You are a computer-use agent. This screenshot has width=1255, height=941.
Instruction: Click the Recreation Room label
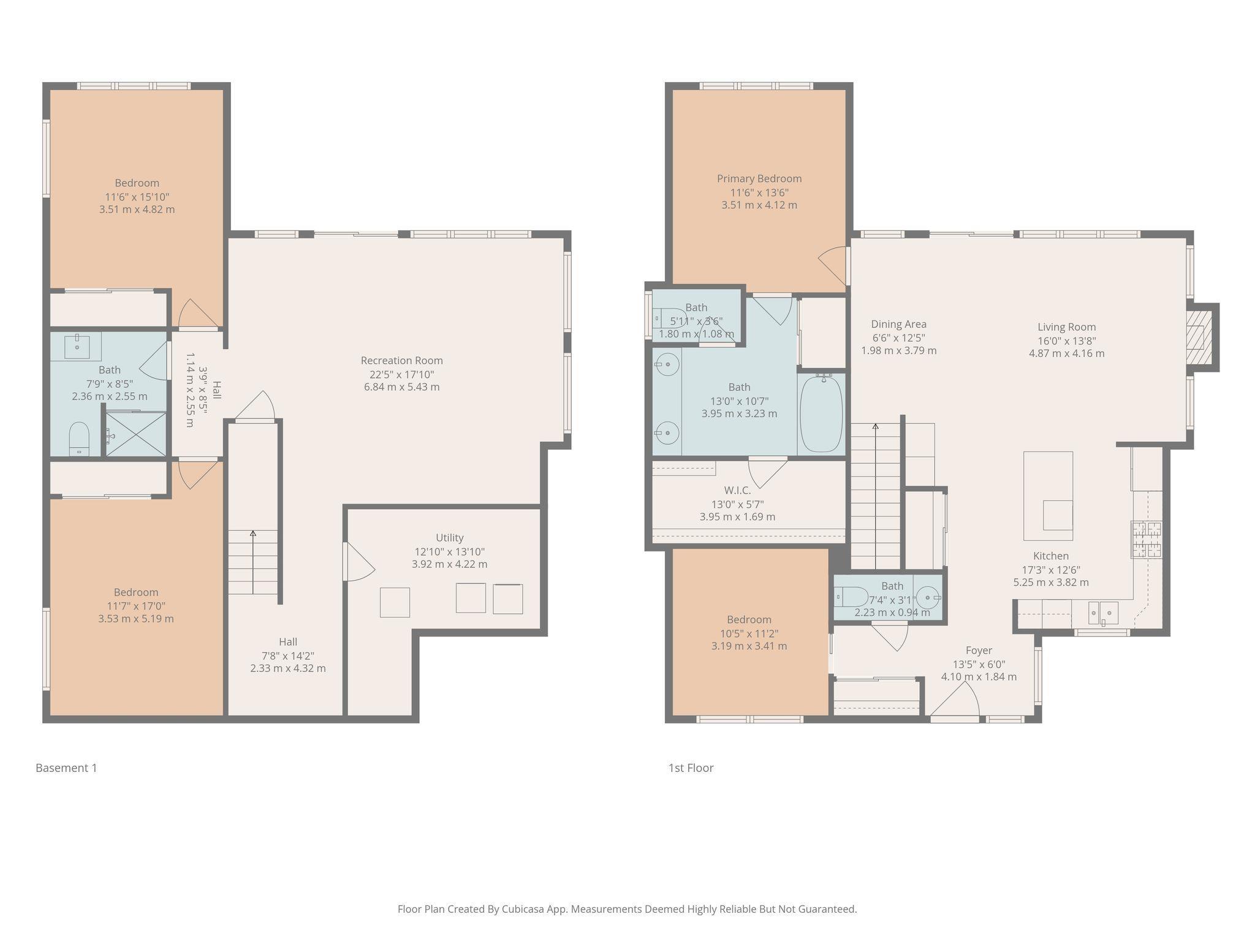pos(401,361)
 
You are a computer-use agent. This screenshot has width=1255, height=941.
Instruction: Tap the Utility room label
pos(449,537)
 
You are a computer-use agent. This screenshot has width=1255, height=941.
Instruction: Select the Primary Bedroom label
pos(759,179)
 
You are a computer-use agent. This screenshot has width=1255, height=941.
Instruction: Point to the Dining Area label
pos(899,325)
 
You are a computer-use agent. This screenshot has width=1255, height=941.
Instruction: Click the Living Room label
pos(1066,327)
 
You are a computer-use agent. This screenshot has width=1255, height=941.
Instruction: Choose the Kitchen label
pos(1051,556)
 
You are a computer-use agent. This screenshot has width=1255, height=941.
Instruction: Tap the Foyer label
pos(979,651)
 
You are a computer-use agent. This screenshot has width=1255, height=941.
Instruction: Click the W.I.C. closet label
pos(737,490)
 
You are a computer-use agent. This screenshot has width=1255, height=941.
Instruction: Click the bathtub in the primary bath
pos(821,414)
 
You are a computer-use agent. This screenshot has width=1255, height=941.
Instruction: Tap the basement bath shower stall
pos(136,434)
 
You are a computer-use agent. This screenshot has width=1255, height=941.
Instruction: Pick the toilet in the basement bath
pos(79,439)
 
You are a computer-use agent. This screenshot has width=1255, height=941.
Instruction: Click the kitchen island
pos(1048,496)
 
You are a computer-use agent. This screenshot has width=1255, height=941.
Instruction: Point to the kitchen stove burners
pos(1147,539)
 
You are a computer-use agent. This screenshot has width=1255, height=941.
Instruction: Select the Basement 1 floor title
pos(66,768)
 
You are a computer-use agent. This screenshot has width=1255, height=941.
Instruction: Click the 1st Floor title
pos(691,768)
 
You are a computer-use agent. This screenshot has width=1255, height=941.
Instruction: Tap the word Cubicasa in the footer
pos(524,909)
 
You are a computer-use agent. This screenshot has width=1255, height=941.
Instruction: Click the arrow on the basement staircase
pos(253,562)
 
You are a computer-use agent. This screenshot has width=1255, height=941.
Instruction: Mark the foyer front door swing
pos(955,698)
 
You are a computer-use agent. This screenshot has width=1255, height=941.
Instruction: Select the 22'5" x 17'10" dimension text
pos(401,374)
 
